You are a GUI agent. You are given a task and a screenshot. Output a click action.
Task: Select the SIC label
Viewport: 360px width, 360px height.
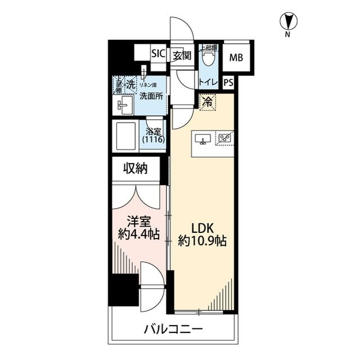tap(158, 55)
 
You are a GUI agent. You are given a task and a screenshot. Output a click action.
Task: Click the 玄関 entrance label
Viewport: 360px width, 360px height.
tap(182, 55)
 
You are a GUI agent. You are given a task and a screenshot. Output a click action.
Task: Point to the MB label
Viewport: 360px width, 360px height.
tap(236, 57)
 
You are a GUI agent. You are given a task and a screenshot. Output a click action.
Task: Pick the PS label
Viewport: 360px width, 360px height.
tap(228, 82)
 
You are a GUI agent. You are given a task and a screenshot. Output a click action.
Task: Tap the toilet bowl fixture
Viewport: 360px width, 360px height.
tap(209, 58)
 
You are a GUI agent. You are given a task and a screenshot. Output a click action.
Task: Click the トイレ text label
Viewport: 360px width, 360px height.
tap(209, 82)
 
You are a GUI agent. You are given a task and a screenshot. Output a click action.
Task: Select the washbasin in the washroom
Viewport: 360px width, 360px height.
tap(124, 104)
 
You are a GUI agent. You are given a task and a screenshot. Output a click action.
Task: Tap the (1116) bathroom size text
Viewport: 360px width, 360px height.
tap(154, 139)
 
